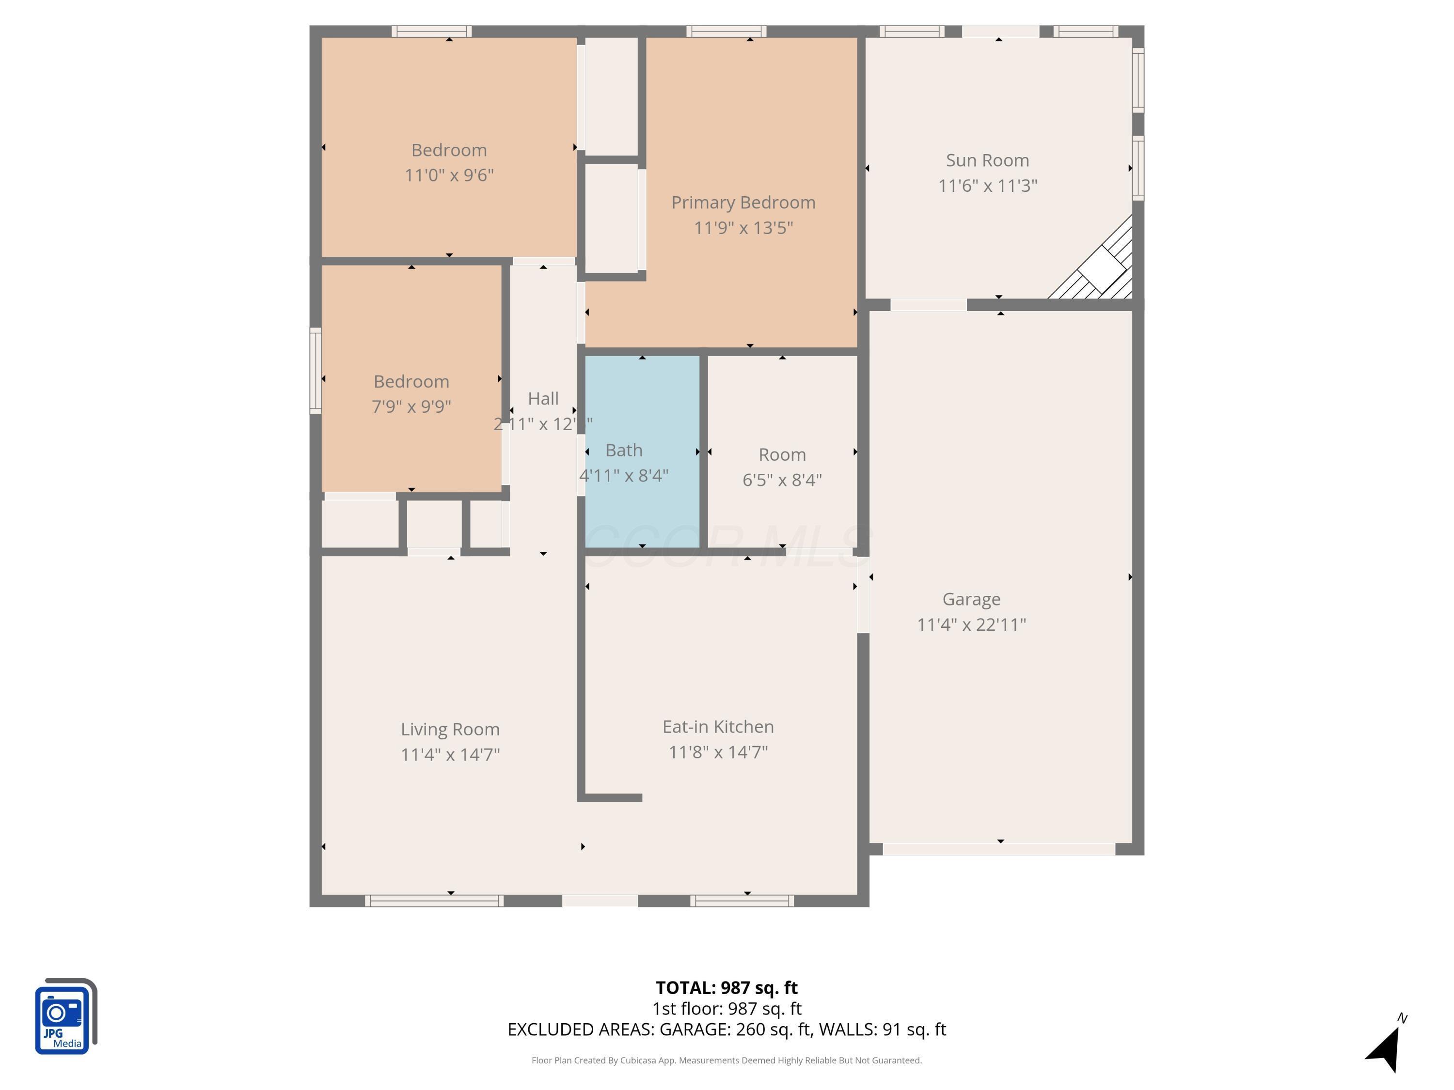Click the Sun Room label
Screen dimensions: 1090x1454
point(987,160)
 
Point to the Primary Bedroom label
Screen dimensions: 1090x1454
point(743,202)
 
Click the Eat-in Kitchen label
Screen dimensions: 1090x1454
point(718,727)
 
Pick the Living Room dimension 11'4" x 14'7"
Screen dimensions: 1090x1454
point(450,754)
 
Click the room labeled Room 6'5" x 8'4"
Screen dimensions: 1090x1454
point(782,467)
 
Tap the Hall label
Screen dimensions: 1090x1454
point(543,399)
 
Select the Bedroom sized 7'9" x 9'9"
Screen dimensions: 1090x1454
point(411,393)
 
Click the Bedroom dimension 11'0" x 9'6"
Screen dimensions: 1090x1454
point(449,175)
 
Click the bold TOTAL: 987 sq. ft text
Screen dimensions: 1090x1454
point(727,987)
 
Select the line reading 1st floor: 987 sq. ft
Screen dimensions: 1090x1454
point(727,1009)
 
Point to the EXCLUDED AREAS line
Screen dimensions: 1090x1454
point(727,1029)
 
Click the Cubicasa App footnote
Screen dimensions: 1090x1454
point(727,1060)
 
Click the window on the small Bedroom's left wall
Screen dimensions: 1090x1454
point(316,371)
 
